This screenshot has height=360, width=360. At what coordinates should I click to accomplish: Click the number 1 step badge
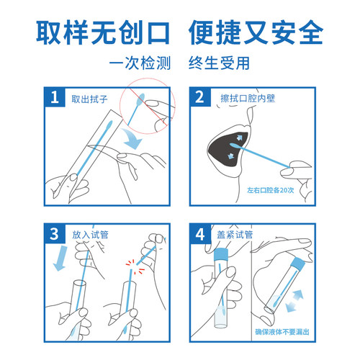point(55,96)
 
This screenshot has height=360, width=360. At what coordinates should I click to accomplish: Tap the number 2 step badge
point(200,96)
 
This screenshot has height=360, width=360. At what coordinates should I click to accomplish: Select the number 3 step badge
point(55,233)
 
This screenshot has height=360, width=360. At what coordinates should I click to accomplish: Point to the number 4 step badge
point(200,233)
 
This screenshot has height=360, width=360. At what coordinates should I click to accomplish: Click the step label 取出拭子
point(89,99)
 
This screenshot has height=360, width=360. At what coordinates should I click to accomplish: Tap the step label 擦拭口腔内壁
point(248,99)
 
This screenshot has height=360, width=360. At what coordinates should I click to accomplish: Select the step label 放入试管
point(90,235)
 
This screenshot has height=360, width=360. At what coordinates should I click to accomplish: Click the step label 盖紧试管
point(235,235)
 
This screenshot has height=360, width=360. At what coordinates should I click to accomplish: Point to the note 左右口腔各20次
point(271,190)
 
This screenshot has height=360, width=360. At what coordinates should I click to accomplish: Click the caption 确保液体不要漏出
point(282,332)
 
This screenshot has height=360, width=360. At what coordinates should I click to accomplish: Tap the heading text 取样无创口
point(103,32)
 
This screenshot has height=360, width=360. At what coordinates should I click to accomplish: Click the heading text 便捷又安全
point(256,32)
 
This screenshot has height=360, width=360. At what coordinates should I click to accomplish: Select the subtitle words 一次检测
point(140,63)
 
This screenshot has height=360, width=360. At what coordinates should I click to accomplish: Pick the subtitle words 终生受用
point(219,63)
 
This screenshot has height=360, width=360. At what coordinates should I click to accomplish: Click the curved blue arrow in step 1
point(132,139)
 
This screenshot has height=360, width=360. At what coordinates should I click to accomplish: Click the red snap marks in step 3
point(135,266)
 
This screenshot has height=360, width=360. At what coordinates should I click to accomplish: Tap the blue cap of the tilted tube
point(298,264)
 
